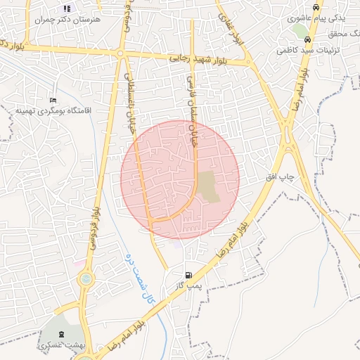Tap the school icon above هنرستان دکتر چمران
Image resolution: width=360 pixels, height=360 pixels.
tap(67, 9)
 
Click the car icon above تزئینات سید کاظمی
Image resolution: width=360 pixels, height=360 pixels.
tap(307, 39)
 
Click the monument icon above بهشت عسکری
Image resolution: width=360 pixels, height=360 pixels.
tap(60, 333)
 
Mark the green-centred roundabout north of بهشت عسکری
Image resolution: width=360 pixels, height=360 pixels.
tap(86, 280)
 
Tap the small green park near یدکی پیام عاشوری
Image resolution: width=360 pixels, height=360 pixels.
tap(301, 32)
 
